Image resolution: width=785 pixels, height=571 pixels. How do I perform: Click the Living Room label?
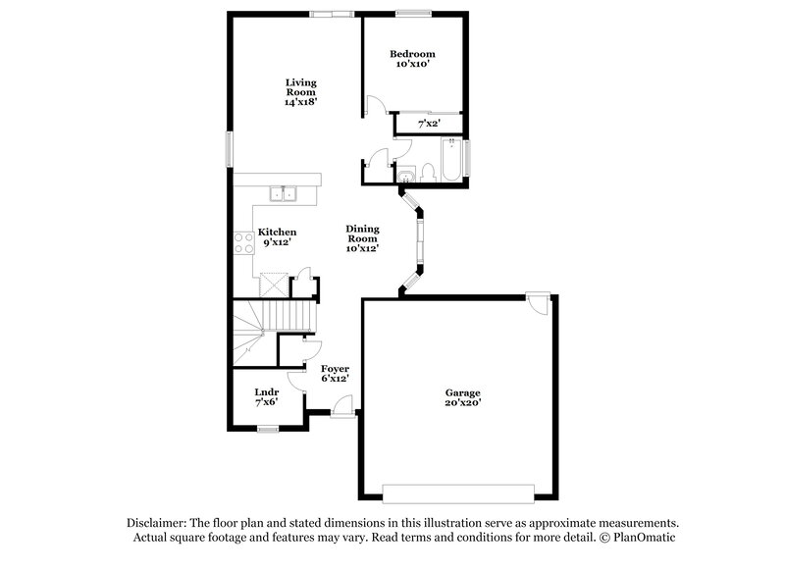point(301,91)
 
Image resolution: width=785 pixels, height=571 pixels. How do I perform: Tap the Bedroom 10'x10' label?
point(411,59)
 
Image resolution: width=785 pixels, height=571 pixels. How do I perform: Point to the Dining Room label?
point(362,238)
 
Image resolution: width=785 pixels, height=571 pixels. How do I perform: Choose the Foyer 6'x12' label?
point(335,373)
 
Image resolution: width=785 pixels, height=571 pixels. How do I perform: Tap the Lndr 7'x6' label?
point(267,397)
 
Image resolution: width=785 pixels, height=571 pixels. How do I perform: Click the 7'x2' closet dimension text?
point(429,124)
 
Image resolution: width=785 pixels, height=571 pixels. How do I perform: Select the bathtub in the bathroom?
point(450,163)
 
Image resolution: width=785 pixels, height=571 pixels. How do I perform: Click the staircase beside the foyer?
point(285,315)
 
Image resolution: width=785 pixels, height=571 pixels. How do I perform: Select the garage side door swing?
point(537,303)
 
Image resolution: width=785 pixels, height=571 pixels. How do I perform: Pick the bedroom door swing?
point(373,106)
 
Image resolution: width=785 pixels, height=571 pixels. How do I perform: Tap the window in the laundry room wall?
point(268,428)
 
